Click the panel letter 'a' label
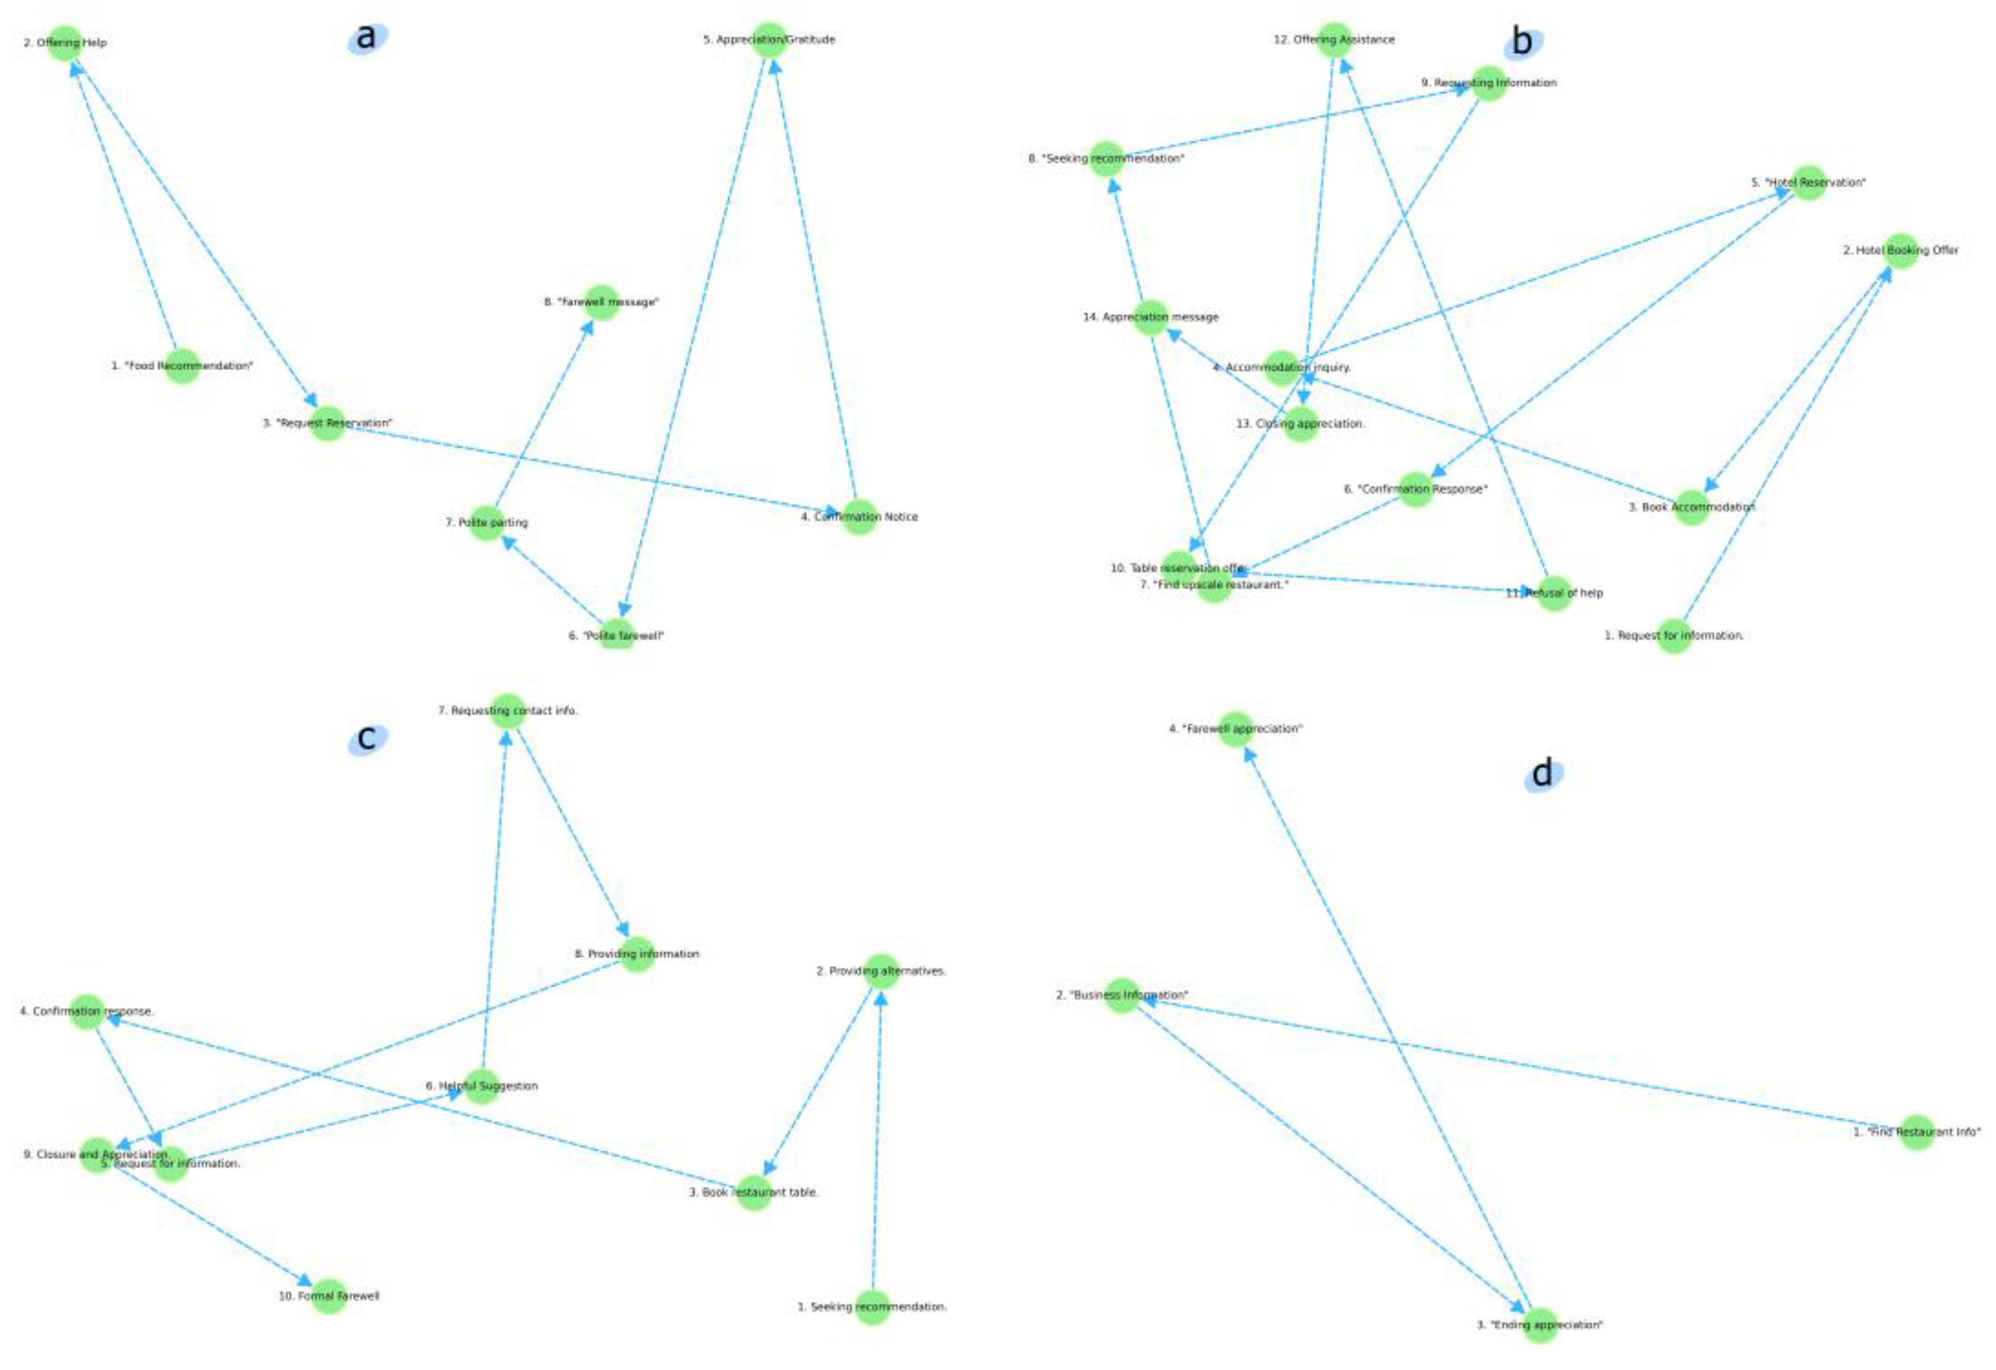(x=367, y=38)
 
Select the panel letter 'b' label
(x=1521, y=42)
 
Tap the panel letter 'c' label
(x=367, y=738)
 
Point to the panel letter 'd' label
(x=1543, y=774)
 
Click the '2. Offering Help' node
(x=65, y=42)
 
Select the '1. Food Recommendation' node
(x=182, y=366)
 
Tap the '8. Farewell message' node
(x=601, y=302)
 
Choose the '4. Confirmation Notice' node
(x=859, y=516)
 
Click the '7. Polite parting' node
(x=487, y=522)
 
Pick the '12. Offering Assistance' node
(x=1334, y=40)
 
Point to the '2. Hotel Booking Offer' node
(x=1900, y=251)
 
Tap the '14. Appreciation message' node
(x=1151, y=317)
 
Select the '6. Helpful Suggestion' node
(x=482, y=1086)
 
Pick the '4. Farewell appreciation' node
(x=1236, y=729)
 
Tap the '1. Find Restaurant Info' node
(x=1917, y=1132)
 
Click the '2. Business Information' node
(x=1122, y=994)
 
